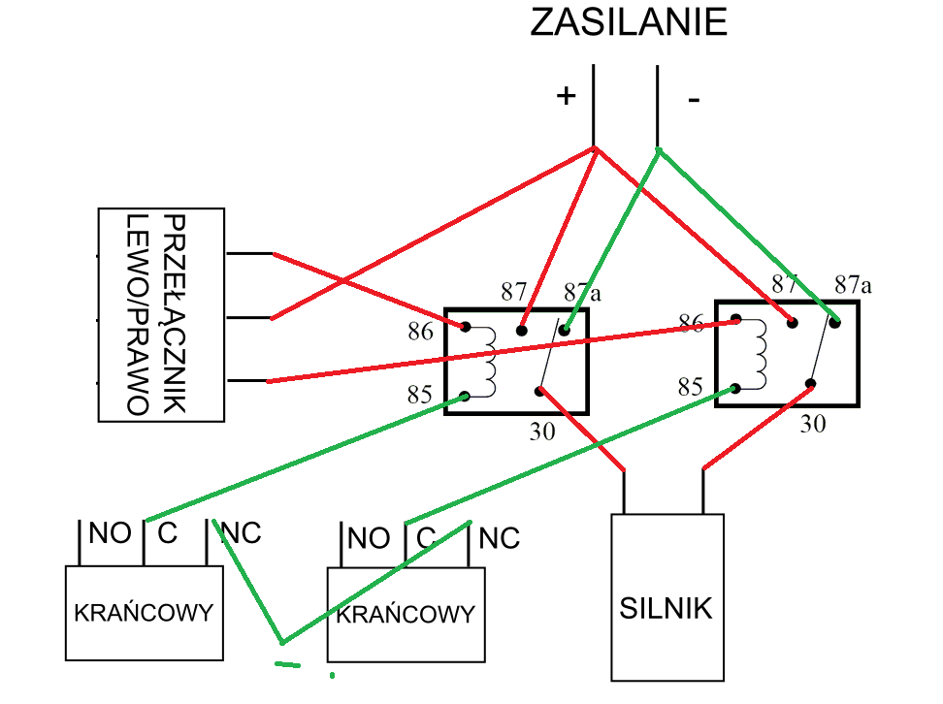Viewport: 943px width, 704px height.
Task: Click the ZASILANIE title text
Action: point(629,22)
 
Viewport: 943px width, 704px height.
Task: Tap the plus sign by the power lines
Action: point(566,96)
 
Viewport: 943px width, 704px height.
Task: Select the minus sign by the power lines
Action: point(694,99)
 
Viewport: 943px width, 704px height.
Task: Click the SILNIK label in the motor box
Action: point(666,608)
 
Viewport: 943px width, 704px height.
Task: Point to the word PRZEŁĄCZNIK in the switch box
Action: point(175,314)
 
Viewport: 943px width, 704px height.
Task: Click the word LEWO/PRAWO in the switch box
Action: point(137,315)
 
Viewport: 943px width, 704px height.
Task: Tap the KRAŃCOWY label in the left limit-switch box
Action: point(144,613)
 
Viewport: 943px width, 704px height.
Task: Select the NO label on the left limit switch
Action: point(110,533)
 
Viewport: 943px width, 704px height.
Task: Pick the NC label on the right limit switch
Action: point(500,539)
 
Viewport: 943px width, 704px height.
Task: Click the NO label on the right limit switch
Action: point(369,539)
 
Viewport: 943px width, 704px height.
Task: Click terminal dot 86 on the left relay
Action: point(465,327)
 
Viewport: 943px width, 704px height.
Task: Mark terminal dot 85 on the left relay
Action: point(465,397)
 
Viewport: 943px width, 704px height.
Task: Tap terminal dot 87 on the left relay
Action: point(521,331)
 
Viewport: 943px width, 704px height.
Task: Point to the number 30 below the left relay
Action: point(542,432)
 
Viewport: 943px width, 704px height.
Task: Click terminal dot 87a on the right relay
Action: point(834,322)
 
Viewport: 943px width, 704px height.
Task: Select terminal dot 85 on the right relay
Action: point(735,389)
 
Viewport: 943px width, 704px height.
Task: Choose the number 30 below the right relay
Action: point(812,424)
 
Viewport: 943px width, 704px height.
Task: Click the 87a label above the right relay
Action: point(853,284)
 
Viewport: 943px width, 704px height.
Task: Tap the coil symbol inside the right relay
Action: point(756,354)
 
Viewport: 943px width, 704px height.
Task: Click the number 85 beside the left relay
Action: point(420,395)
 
